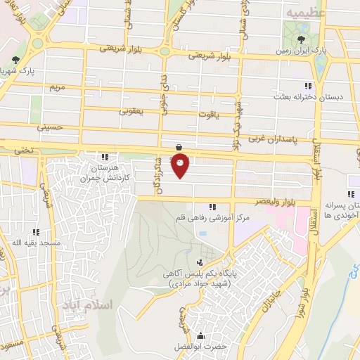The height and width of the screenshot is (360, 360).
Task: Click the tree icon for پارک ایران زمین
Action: click(302, 39)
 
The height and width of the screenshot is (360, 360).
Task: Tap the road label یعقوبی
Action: click(131, 111)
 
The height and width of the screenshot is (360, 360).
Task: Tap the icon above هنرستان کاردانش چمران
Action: click(105, 157)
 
